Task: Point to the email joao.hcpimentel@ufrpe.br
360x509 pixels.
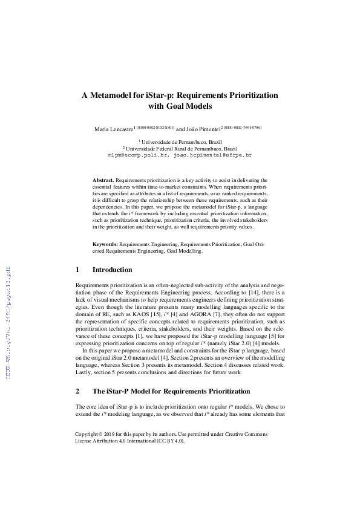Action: pos(212,155)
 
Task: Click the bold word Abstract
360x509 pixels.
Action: pos(103,181)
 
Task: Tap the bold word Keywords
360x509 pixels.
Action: pos(105,245)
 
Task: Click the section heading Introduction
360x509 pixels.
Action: pos(112,270)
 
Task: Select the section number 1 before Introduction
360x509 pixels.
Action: pos(77,270)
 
